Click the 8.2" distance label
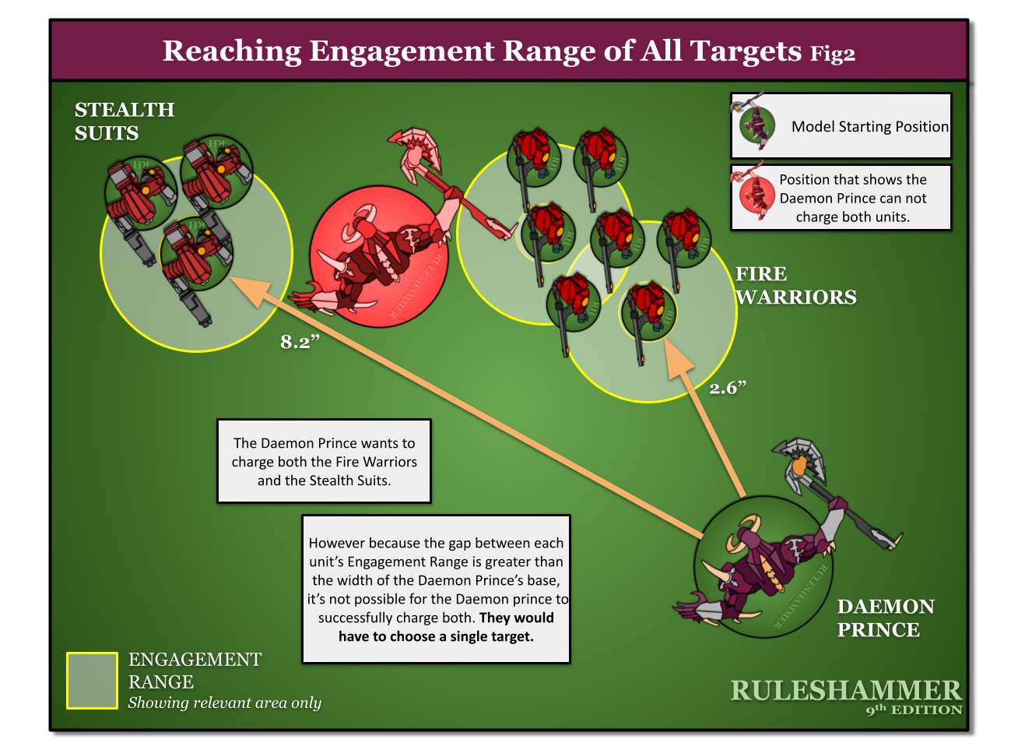[x=300, y=342]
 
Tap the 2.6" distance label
[x=728, y=387]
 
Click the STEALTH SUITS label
[x=124, y=121]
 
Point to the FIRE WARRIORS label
[x=795, y=286]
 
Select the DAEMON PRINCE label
[x=885, y=618]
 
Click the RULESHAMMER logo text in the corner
[x=846, y=691]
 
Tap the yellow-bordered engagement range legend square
[x=92, y=681]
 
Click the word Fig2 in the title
[x=832, y=54]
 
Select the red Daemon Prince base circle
[x=378, y=257]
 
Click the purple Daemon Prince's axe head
[x=801, y=463]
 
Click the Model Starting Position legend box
[x=841, y=126]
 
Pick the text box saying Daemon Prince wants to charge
[x=324, y=462]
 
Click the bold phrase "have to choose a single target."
[x=436, y=636]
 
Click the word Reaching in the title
[x=231, y=51]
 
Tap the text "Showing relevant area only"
[x=224, y=702]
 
